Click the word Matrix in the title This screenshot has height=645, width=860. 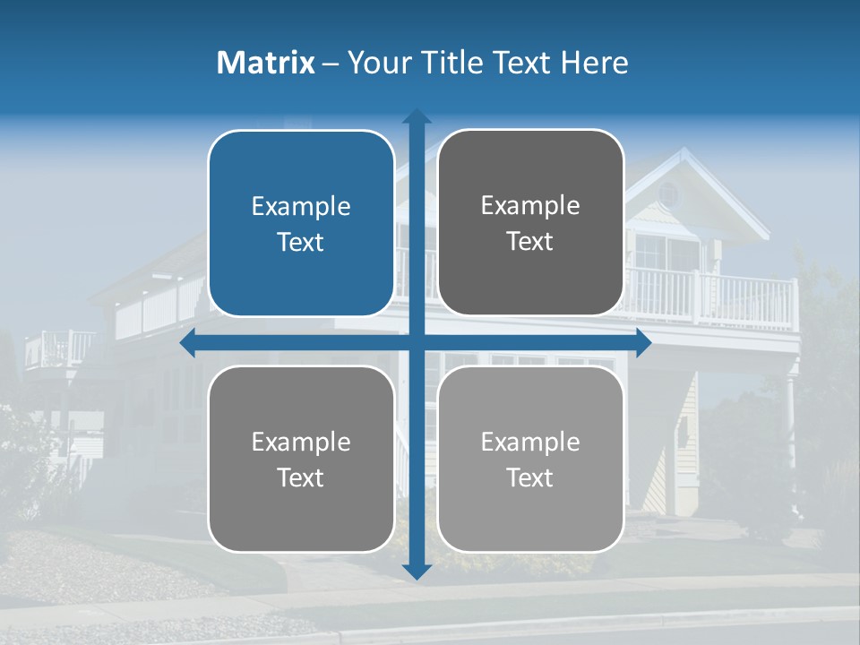265,63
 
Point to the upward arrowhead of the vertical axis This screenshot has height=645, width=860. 417,117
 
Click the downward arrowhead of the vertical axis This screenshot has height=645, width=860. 417,571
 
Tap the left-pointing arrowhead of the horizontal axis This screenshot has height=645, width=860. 189,343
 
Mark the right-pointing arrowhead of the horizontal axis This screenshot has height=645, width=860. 642,343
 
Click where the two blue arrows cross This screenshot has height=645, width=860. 417,343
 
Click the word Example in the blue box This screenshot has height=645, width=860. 301,207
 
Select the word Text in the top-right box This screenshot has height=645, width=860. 530,242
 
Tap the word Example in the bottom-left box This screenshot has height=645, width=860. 301,443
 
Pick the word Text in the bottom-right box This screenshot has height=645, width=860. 530,478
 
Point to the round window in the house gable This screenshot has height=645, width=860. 668,193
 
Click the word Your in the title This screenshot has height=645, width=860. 375,63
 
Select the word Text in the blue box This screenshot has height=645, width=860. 301,243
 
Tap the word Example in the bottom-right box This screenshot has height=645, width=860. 530,443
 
